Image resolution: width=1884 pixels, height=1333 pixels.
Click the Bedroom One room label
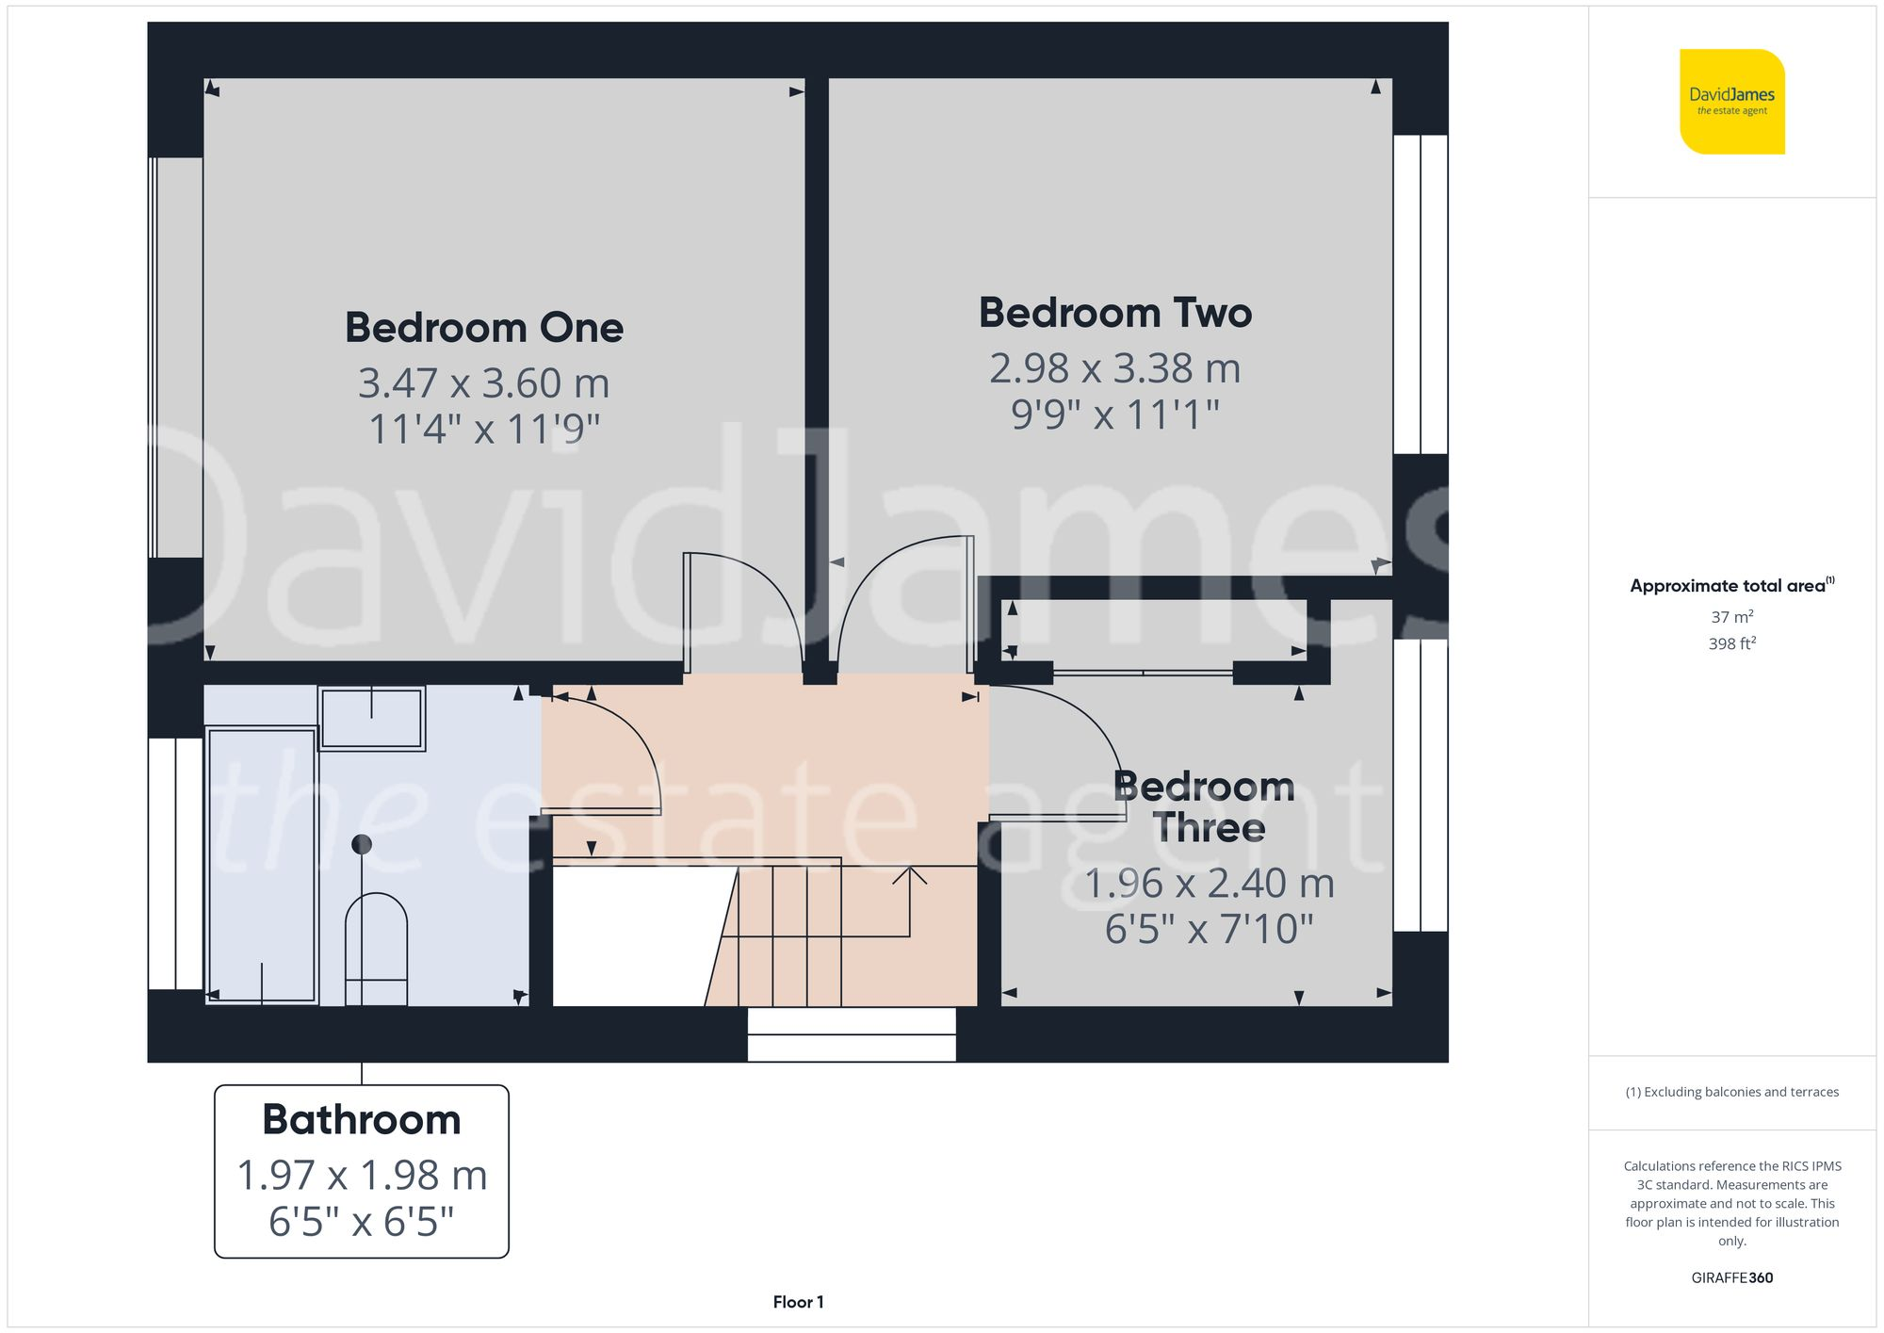coord(484,328)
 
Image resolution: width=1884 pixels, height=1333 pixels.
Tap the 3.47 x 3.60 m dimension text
coord(484,383)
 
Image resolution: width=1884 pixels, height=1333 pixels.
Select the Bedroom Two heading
coord(1114,313)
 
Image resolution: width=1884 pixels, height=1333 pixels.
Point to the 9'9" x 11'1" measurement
coord(1114,415)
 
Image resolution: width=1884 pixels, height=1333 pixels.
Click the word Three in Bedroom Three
coord(1209,828)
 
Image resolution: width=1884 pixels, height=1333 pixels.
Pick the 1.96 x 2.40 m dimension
coord(1209,884)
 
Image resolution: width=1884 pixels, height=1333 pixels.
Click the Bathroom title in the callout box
coord(362,1120)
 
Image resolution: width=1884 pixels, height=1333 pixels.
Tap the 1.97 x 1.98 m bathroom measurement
coord(362,1176)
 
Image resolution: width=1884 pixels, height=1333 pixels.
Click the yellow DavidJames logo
coord(1731,102)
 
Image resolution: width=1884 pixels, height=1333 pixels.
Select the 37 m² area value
coord(1731,617)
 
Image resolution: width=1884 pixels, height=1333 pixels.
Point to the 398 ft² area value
coord(1731,643)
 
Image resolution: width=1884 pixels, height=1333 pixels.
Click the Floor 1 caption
coord(798,1302)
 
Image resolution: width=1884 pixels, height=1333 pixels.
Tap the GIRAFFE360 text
coord(1731,1277)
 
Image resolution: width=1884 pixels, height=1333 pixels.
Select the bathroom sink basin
coord(372,719)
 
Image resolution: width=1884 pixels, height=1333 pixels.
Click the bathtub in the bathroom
coord(262,865)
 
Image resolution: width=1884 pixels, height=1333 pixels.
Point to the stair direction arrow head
coord(910,875)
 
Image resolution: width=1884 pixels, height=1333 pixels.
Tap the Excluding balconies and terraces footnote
coord(1731,1092)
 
